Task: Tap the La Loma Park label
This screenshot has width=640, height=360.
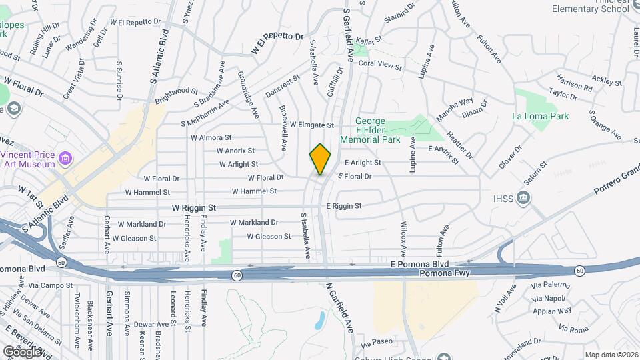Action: click(x=541, y=116)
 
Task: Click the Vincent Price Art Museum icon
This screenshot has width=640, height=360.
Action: click(x=65, y=158)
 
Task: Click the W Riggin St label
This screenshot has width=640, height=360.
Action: click(x=194, y=208)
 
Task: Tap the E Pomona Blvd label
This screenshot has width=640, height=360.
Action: click(x=420, y=265)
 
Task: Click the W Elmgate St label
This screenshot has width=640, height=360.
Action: click(x=311, y=125)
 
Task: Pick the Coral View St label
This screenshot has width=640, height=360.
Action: click(x=381, y=66)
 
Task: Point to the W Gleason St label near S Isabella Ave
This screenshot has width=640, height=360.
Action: click(x=269, y=236)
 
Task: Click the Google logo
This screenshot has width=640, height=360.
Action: click(x=22, y=351)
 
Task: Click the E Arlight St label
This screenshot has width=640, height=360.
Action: click(x=363, y=163)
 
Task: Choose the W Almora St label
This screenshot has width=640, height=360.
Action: click(x=211, y=137)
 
